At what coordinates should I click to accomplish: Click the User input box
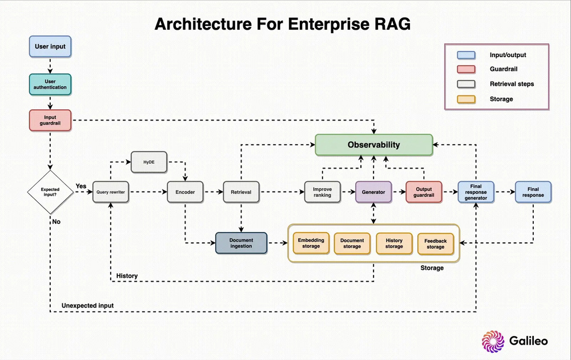(50, 47)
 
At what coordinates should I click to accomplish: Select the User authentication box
(50, 84)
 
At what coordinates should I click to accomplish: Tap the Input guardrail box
(50, 120)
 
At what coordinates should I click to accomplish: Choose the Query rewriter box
(111, 193)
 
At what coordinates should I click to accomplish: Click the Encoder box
(185, 193)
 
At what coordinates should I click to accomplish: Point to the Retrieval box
(241, 193)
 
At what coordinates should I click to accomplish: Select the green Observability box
(374, 145)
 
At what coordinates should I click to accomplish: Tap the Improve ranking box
(322, 193)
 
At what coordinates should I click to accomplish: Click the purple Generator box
(373, 193)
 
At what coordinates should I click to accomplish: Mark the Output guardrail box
(424, 193)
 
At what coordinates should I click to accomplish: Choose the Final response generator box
(476, 193)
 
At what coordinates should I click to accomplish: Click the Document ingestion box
(241, 243)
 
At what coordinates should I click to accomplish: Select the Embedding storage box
(311, 243)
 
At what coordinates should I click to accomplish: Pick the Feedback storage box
(436, 243)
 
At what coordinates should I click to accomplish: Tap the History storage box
(394, 243)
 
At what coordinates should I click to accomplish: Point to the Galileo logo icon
(493, 341)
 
